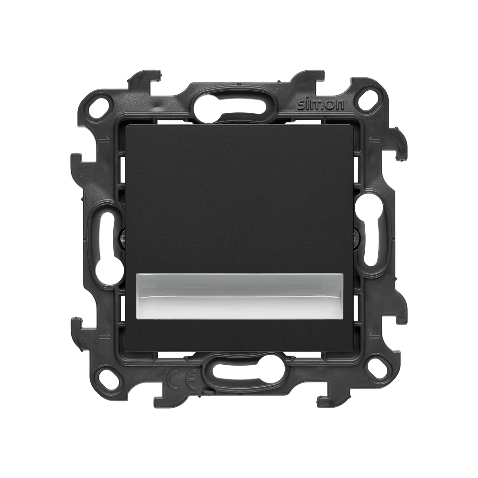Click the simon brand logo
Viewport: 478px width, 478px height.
coord(321,105)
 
